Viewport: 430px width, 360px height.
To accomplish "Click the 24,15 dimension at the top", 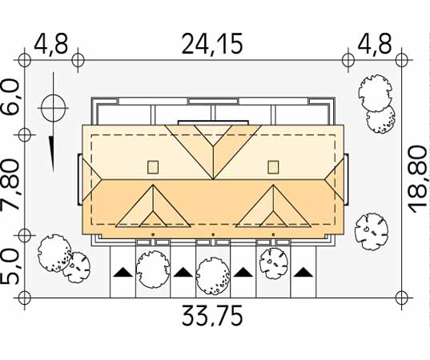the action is coord(212,44).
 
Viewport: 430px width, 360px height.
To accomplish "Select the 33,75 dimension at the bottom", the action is coord(212,316).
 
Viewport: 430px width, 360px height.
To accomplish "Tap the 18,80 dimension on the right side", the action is coord(418,179).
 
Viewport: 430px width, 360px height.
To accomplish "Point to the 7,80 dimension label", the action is coord(11,185).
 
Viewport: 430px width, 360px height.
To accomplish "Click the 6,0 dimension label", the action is coord(11,98).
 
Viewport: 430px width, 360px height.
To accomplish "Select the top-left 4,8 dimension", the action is coord(50,44).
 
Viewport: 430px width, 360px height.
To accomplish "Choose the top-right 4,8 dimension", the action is coord(374,44).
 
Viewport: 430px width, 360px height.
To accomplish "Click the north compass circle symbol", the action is coord(54,108).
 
